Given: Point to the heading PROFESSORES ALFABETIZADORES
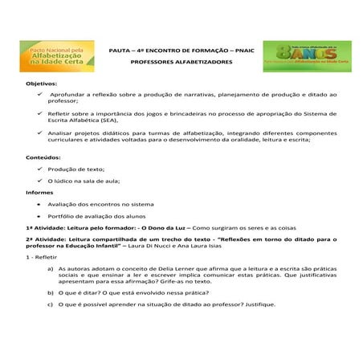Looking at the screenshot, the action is (x=181, y=62).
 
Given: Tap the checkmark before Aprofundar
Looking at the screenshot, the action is (x=39, y=94).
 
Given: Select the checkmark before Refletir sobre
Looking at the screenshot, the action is (x=39, y=116).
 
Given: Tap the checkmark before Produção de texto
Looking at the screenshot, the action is (x=39, y=169).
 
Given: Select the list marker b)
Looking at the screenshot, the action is (x=51, y=294).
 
